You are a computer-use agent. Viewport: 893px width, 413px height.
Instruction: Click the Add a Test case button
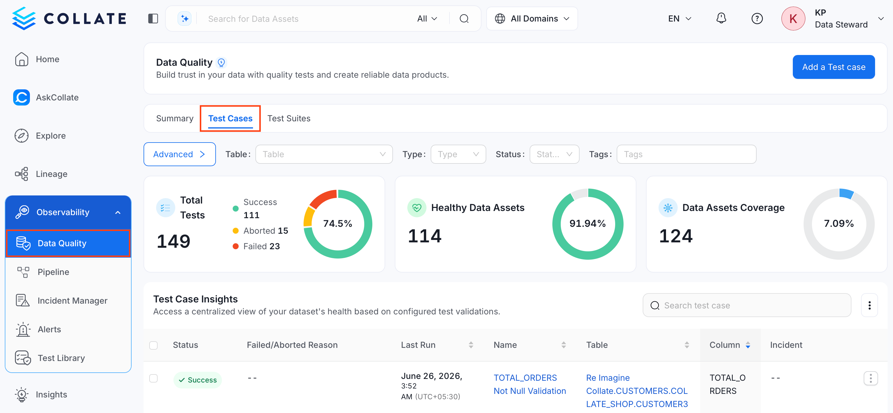(x=833, y=67)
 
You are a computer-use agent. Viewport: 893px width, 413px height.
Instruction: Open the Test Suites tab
(x=289, y=119)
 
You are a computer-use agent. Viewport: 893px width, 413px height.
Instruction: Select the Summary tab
(x=175, y=119)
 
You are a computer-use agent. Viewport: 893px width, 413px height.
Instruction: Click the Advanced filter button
(x=179, y=154)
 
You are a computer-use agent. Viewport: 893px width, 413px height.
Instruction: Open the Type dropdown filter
(x=458, y=154)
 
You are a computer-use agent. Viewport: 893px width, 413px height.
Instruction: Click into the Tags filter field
(x=686, y=154)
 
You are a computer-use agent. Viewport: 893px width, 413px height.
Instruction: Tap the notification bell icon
(x=721, y=18)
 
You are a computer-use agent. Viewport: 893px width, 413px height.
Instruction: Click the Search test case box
(x=747, y=305)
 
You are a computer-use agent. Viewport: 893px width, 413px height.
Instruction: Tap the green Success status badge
(x=198, y=380)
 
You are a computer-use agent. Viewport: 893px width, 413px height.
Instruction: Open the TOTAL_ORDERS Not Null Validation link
(x=529, y=384)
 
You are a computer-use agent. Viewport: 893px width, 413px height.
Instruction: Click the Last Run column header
(x=418, y=345)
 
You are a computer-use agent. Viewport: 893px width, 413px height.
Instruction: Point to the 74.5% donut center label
(x=338, y=224)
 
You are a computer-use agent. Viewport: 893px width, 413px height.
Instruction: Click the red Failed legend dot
(x=235, y=246)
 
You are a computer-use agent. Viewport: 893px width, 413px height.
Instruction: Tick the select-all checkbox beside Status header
(x=153, y=345)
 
